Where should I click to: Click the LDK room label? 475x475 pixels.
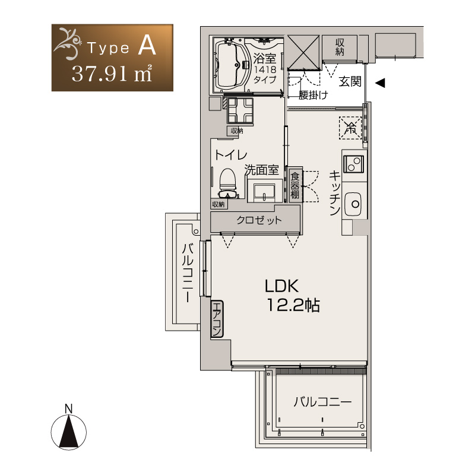[281, 286]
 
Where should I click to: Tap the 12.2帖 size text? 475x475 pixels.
[293, 305]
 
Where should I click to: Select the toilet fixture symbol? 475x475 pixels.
[229, 183]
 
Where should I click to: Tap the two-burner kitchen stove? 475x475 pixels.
[353, 164]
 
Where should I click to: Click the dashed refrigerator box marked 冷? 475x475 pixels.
[350, 128]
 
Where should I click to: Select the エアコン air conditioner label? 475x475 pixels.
[217, 319]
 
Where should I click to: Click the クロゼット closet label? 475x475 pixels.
[259, 220]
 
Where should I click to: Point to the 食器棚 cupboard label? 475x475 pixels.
[294, 185]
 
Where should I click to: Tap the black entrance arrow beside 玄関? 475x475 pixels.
[380, 83]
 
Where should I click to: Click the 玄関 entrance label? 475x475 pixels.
[350, 81]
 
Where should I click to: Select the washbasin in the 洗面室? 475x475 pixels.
[264, 192]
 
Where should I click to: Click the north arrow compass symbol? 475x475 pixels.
[69, 429]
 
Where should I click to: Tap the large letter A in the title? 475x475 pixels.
[147, 45]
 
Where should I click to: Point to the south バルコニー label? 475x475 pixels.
[322, 402]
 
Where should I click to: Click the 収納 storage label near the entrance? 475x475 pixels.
[340, 47]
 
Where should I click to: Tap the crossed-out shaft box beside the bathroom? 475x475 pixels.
[303, 53]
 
